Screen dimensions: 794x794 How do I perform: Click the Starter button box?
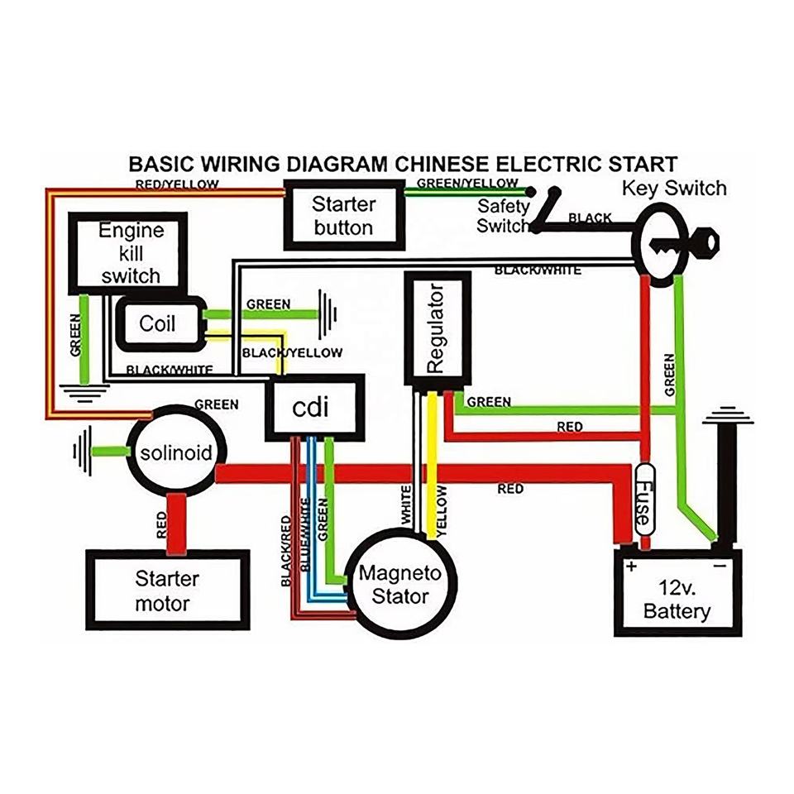(343, 214)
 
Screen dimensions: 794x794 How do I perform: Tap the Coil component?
(158, 322)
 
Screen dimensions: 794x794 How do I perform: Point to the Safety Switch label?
(503, 215)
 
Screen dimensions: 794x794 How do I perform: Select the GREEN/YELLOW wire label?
(467, 182)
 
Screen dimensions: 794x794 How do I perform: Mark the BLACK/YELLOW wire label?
(291, 352)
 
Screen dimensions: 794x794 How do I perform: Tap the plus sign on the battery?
(632, 567)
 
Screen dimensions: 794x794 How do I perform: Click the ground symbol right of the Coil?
(329, 314)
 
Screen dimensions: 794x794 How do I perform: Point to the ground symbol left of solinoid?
(79, 452)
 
